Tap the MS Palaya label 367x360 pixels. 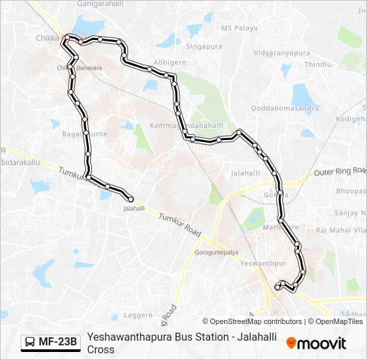239,28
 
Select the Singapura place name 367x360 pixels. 204,47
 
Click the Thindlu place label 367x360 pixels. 318,65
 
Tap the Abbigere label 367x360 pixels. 169,62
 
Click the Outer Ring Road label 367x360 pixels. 340,171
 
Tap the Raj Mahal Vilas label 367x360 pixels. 340,230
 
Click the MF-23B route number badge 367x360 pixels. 57,343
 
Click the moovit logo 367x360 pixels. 316,343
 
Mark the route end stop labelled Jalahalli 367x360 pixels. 134,209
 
